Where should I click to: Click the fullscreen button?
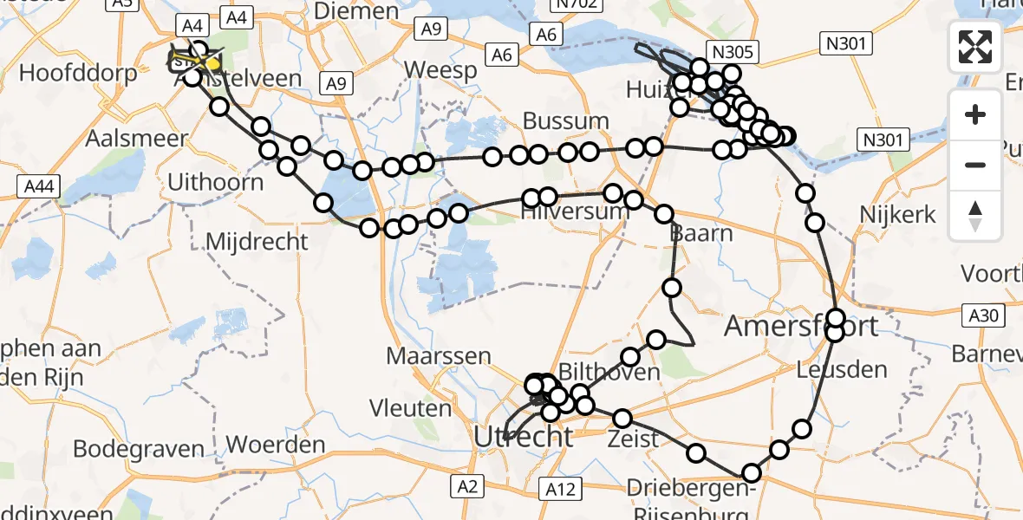click(975, 47)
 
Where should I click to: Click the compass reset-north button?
click(975, 216)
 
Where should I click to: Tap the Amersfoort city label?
click(801, 327)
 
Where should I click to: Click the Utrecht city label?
click(524, 437)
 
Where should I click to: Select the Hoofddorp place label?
click(78, 73)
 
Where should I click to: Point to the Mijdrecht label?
click(257, 241)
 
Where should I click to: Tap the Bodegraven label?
click(139, 450)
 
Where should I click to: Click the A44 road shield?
click(37, 185)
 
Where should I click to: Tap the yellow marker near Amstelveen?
click(212, 63)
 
